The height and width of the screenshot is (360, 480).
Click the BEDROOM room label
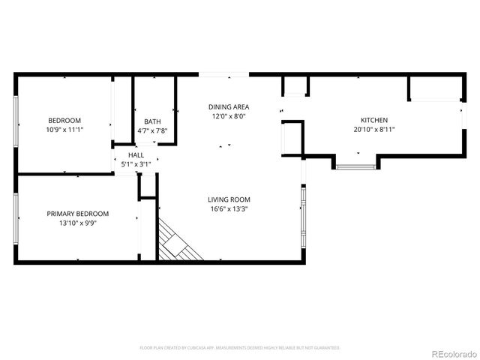(64, 120)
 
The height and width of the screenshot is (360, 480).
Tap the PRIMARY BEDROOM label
(78, 213)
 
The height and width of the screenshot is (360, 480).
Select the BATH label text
(152, 121)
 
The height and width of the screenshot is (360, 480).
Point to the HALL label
(136, 154)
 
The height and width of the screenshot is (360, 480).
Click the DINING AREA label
(229, 106)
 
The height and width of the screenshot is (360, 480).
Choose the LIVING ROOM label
(229, 199)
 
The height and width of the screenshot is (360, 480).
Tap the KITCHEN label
(374, 120)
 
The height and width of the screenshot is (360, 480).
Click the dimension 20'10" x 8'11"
(374, 130)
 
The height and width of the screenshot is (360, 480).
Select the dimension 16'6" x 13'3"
(229, 209)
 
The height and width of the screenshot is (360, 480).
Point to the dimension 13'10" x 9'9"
(78, 223)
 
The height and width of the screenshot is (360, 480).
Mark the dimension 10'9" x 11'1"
(64, 130)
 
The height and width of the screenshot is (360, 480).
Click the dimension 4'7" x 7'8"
(152, 130)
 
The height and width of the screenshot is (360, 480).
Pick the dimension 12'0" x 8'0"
(229, 116)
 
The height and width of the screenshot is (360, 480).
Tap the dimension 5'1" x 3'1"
(136, 163)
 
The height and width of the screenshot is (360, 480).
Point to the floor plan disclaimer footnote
(240, 348)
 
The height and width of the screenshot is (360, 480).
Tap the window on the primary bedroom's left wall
(16, 217)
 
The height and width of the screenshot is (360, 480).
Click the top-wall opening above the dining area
(223, 73)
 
